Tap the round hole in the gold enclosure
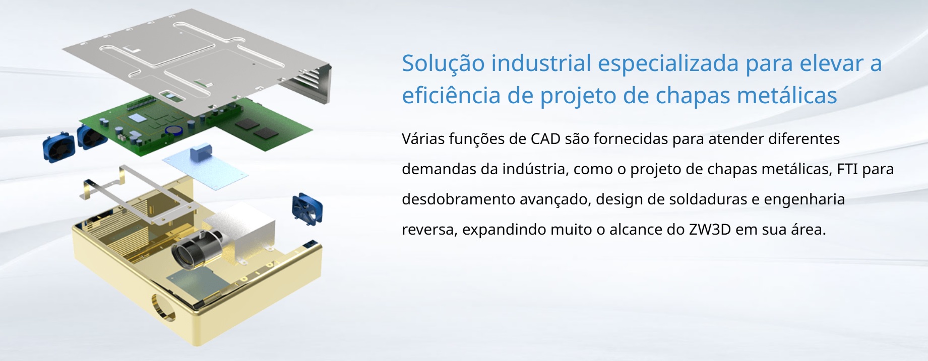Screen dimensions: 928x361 [163, 308]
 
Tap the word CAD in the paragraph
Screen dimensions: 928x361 [545, 138]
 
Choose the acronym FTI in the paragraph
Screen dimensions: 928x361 [847, 169]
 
